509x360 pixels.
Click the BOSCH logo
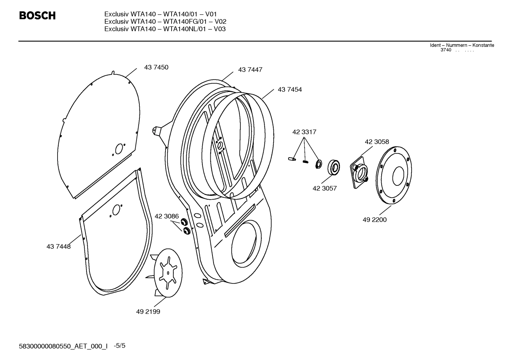pos(37,16)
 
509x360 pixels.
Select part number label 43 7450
pos(156,67)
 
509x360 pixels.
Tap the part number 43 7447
pos(250,70)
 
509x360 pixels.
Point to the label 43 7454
pos(289,90)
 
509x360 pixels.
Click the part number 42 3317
pos(304,132)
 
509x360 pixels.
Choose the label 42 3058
pos(377,142)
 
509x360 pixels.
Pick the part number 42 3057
pos(324,189)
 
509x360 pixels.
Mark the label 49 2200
pos(374,220)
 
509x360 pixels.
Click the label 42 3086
pos(167,216)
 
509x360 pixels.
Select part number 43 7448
pos(59,247)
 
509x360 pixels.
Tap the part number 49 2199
pos(148,312)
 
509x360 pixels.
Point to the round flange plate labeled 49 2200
pos(394,175)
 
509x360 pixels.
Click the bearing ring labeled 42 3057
pos(334,167)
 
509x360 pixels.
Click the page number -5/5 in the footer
pos(120,346)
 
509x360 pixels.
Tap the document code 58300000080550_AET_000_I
pos(63,346)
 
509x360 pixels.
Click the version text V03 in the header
pos(220,29)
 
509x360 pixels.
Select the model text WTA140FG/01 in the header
pos(184,22)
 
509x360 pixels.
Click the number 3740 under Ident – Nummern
pos(445,50)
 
